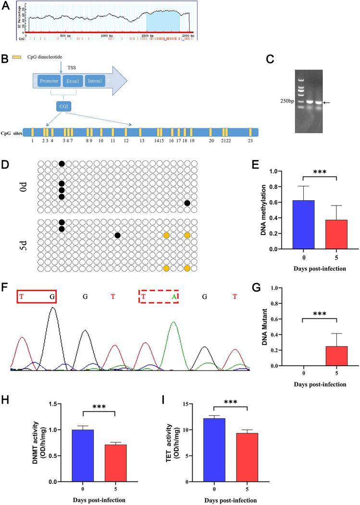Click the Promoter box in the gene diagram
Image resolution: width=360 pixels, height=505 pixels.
(x=47, y=81)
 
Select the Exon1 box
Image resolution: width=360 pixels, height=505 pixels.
(x=73, y=81)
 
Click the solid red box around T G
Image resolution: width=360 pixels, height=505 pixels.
(x=37, y=296)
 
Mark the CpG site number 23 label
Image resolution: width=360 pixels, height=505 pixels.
(x=250, y=141)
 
